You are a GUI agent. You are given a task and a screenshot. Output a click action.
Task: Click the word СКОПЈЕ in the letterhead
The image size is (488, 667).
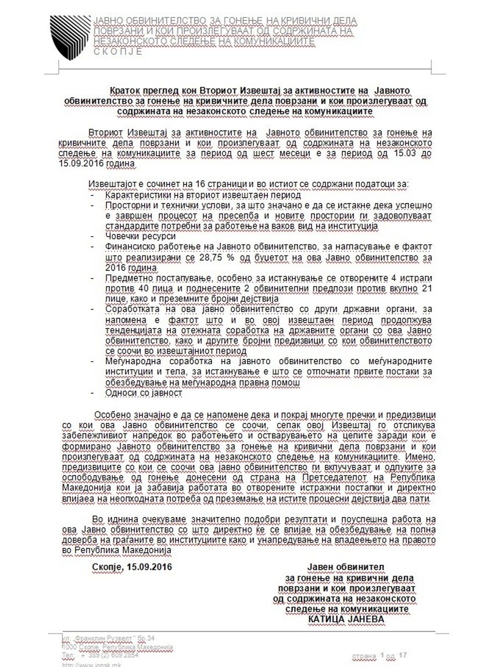(x=118, y=51)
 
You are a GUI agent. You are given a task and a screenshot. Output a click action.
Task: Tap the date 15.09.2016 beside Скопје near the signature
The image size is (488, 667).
(x=150, y=567)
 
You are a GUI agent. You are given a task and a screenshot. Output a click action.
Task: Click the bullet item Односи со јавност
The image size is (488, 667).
(x=143, y=393)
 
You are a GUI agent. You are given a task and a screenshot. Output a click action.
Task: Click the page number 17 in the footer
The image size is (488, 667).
(x=403, y=655)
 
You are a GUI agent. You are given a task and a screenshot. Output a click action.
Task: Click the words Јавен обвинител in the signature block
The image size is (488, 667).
(x=346, y=567)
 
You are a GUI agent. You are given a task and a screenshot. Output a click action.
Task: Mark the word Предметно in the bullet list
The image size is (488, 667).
(x=126, y=278)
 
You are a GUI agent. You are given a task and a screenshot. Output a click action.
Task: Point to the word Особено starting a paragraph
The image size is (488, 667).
(x=113, y=414)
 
